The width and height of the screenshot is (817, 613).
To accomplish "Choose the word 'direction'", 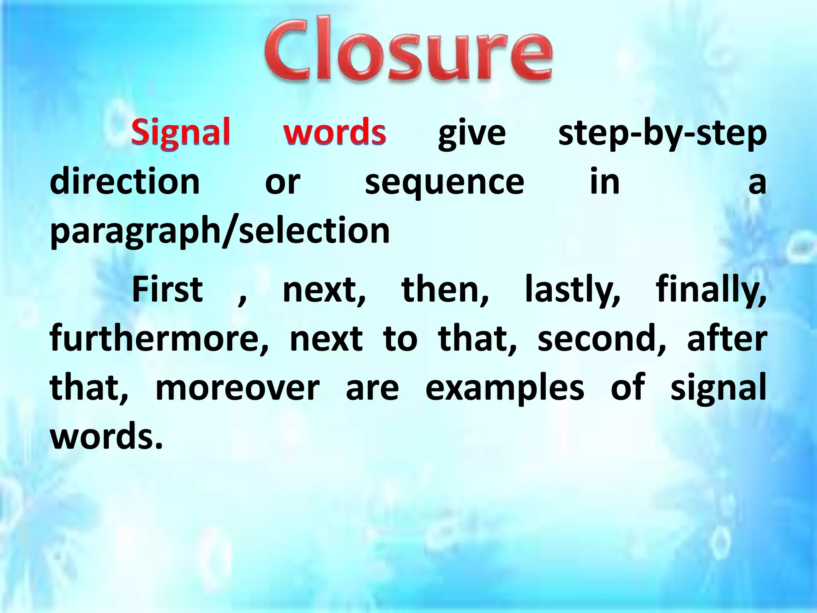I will pos(125,182).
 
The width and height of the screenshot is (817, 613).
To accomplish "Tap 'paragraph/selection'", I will pos(220,231).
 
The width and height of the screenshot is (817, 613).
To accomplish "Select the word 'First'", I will pos(168,289).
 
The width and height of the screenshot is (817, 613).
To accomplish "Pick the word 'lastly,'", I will pos(572,291).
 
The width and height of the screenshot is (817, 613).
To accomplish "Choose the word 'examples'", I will pos(505,389).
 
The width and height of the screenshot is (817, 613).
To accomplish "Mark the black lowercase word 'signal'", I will pos(718,389).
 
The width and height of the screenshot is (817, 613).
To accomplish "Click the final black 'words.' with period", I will pos(107,437).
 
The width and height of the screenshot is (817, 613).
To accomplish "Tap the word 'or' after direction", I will pos(282,183).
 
